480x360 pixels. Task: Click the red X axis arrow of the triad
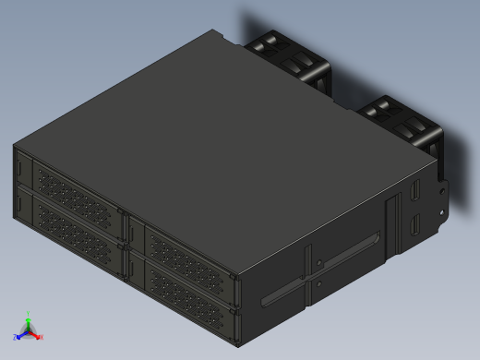pos(37,335)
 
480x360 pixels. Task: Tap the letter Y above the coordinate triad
pos(29,313)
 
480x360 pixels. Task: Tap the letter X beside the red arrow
pos(42,338)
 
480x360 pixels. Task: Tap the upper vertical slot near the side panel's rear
pos(414,194)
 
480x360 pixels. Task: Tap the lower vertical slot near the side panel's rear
pos(414,224)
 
